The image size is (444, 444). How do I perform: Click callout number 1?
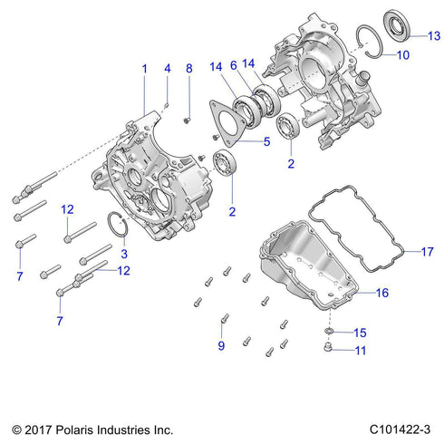point(143,69)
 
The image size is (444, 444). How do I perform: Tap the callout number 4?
point(167,69)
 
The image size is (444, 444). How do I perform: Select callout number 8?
point(188,69)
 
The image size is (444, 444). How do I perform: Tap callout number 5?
point(266,141)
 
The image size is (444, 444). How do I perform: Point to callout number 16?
point(381,294)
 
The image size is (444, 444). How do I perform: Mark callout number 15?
point(360,333)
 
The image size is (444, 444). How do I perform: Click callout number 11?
point(360,351)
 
